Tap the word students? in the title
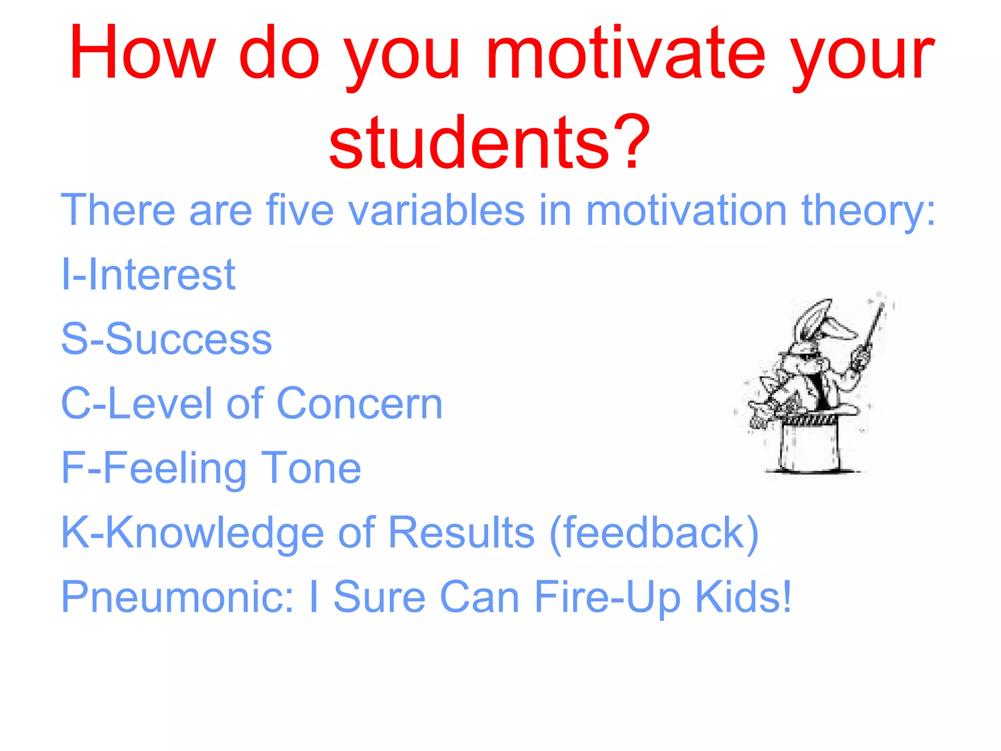point(489,142)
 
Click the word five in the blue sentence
point(300,210)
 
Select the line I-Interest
point(148,275)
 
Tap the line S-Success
point(166,339)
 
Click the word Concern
point(359,404)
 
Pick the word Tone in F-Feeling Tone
point(311,468)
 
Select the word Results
point(461,533)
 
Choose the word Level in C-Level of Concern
point(161,404)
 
